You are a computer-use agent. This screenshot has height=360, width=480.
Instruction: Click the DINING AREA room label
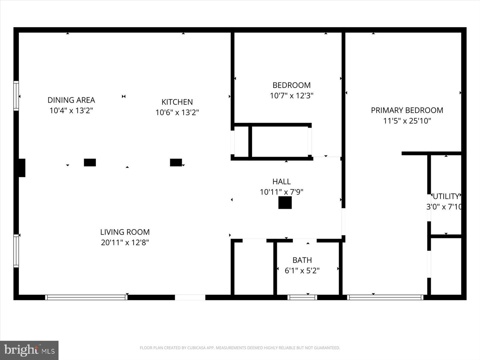coord(71,100)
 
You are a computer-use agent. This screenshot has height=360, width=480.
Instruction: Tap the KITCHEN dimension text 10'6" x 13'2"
coord(177,112)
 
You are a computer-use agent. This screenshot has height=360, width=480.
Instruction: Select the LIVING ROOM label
coord(125,232)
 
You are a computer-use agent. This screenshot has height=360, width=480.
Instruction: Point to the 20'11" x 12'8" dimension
coord(125,242)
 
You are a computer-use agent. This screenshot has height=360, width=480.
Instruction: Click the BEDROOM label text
coord(291,85)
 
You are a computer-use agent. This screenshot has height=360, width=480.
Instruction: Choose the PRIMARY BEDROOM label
coord(407,110)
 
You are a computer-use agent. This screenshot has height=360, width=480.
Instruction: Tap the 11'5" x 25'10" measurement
coord(407,121)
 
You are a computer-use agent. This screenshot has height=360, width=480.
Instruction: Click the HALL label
coord(281,182)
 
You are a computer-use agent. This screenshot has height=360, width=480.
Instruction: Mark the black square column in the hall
coord(285,203)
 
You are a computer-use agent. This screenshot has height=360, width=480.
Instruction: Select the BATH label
coord(302,260)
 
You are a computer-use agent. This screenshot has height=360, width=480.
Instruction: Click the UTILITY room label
coord(446,196)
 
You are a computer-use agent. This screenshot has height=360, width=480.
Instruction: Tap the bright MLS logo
coord(29,350)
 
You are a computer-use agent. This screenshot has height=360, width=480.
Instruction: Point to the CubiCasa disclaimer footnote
coord(240,348)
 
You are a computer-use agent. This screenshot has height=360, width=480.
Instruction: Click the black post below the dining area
coord(90,162)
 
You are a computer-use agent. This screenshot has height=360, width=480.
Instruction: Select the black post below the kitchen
coord(176,162)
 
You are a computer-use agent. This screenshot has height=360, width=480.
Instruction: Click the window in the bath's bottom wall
coord(302,297)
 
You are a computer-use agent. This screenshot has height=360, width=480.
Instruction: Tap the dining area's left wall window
coord(16,96)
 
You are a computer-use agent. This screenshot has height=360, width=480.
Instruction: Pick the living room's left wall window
coord(16,251)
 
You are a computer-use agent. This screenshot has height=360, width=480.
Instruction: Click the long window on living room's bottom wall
coord(86,297)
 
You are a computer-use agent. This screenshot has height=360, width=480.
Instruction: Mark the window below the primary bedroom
coord(385,297)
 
